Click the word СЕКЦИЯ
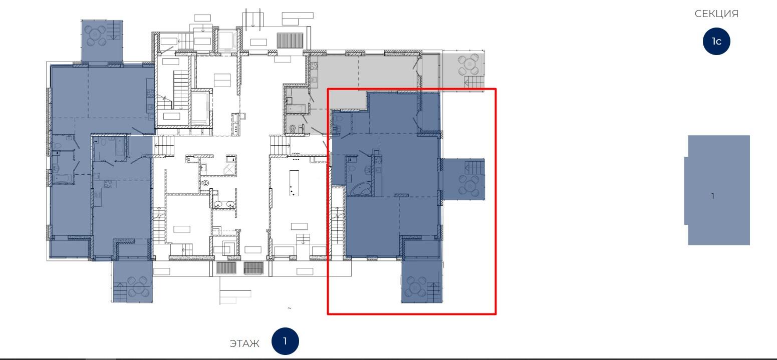coord(716,14)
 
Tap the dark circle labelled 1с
coord(716,41)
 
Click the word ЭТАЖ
coord(244,343)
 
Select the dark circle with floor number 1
coord(285,341)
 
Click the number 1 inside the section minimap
coord(713,196)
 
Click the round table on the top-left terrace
coord(96,35)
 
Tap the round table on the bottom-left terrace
coord(138,286)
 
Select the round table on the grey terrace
coord(468,65)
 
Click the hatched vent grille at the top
coord(290,40)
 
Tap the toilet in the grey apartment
coord(292,129)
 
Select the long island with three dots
coord(294,183)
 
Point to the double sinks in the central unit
coord(224,204)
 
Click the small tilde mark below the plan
coord(289,308)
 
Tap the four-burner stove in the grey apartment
coord(314,66)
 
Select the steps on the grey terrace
coord(474,82)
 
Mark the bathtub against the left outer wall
coord(63,179)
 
